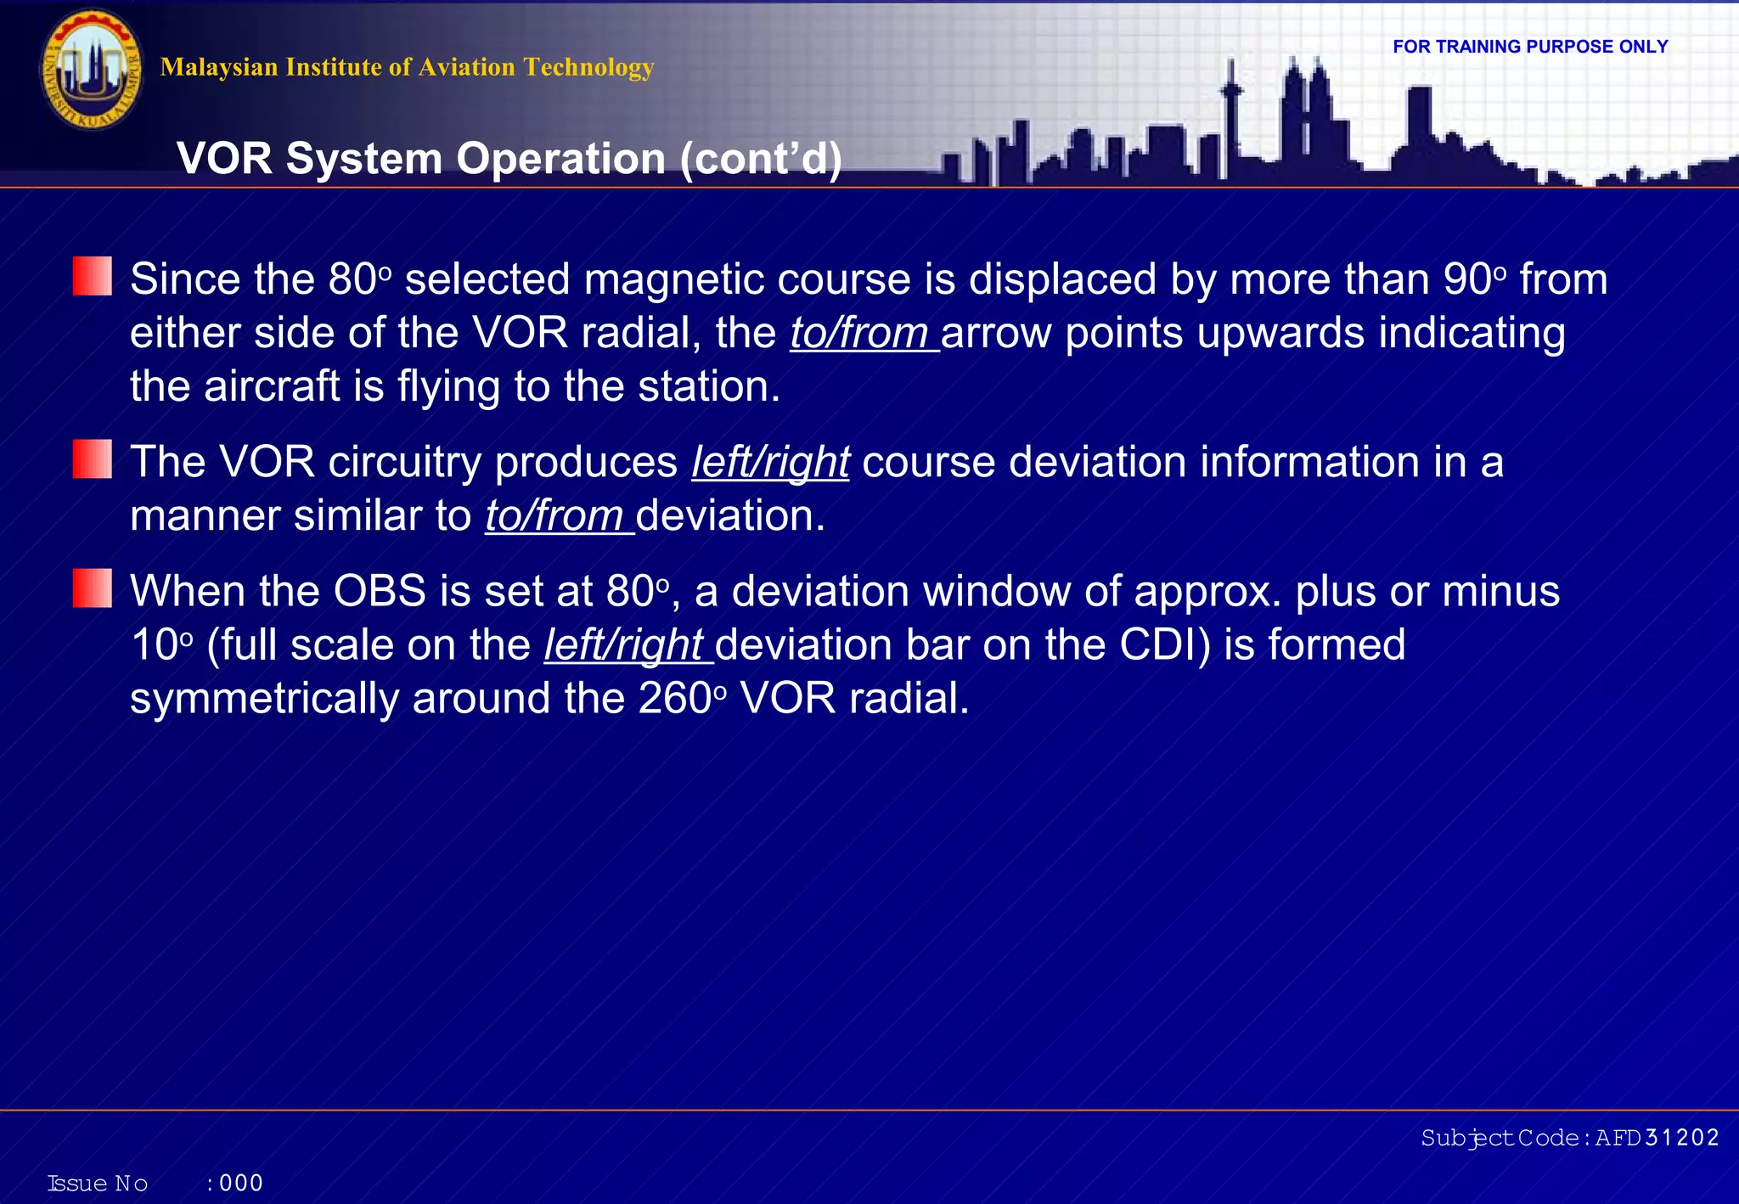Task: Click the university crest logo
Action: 92,70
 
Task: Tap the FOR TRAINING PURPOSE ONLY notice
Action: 1530,47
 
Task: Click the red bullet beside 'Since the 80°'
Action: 92,277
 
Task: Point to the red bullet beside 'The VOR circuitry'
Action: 92,459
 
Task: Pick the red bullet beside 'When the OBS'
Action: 92,588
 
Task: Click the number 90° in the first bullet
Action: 1473,279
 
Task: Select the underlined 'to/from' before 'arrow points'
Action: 861,333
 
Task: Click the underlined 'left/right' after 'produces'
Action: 770,463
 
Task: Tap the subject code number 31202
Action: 1681,1138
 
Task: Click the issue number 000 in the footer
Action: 241,1183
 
